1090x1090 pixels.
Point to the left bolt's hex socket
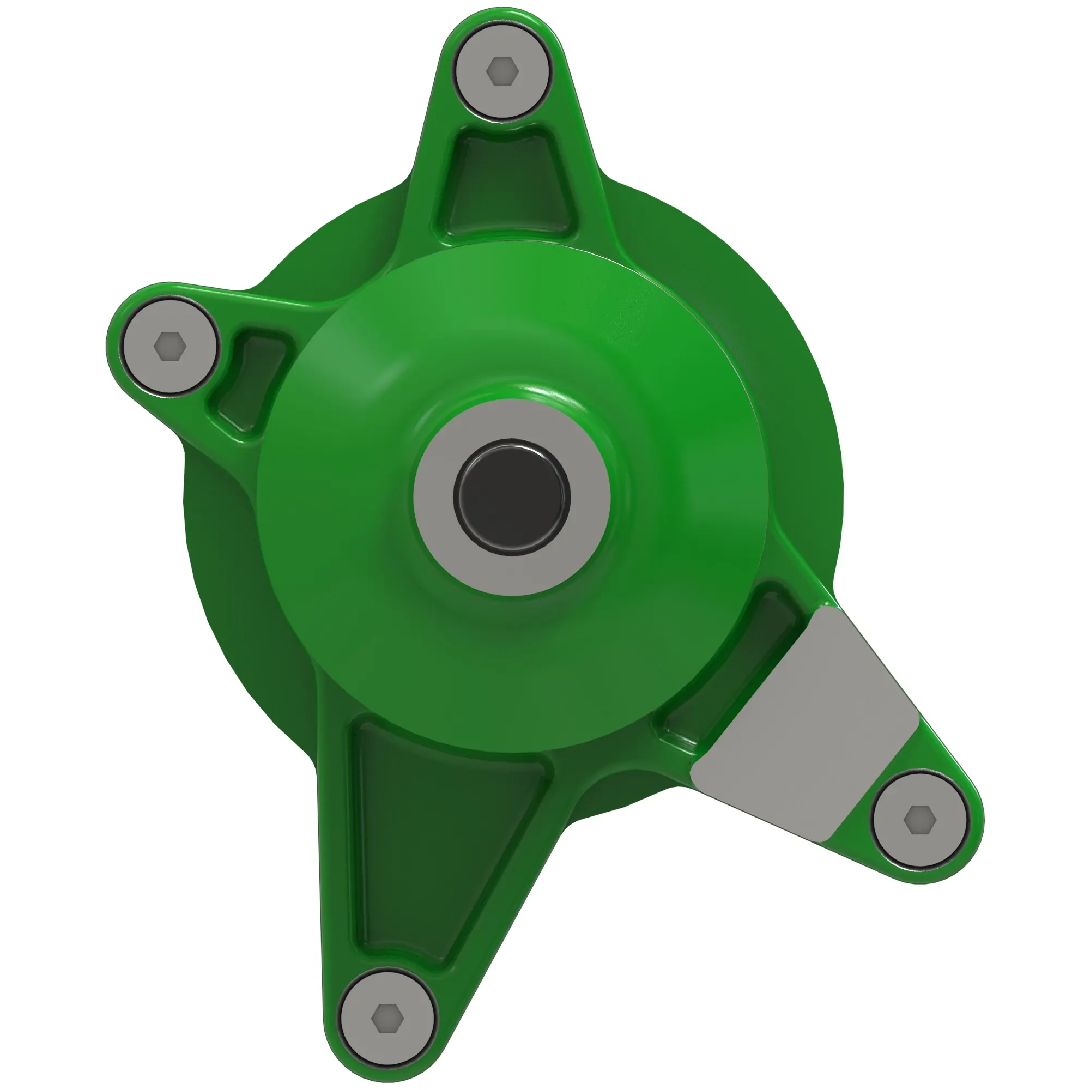coord(170,346)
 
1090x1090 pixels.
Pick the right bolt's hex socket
coord(919,819)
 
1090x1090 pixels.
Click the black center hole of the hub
coord(511,496)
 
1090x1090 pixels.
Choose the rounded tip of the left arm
coord(113,344)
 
